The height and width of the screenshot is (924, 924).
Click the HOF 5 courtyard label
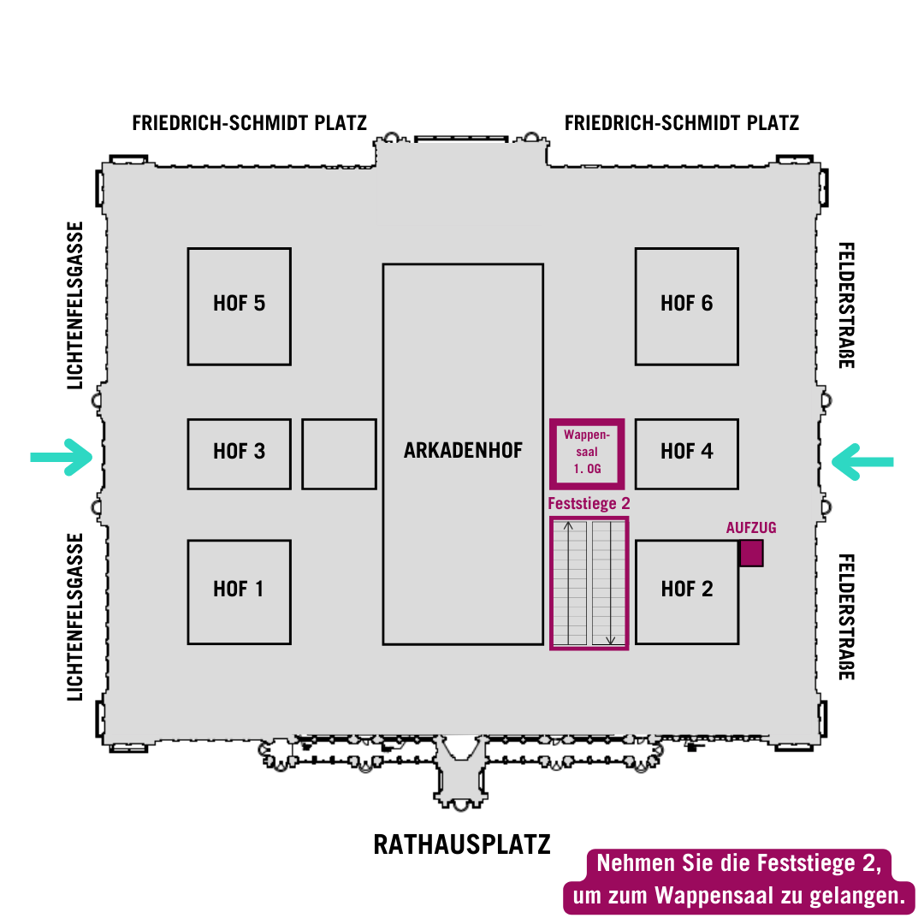coord(239,304)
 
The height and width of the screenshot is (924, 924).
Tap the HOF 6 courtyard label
coord(686,304)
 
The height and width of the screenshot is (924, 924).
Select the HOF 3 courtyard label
coord(239,452)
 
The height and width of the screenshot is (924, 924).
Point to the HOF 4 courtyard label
coord(686,452)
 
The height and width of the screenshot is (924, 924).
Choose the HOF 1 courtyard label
coord(238,589)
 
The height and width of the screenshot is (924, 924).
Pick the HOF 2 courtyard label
coord(686,589)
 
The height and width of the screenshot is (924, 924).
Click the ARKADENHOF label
coord(463,450)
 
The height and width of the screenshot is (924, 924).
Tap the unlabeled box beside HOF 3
coord(339,453)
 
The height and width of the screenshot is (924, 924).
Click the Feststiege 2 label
coord(589,504)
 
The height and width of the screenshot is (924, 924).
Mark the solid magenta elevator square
coord(751,554)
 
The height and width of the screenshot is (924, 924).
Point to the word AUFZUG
coord(751,528)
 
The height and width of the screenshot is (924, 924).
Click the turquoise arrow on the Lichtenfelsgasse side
coord(62,457)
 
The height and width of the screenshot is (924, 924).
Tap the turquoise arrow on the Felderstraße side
coord(862,462)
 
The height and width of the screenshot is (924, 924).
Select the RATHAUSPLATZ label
coord(462,845)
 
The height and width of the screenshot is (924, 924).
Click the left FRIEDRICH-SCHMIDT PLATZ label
coord(249,123)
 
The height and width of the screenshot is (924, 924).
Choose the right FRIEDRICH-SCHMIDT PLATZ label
coord(682,123)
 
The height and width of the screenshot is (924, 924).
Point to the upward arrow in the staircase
coord(568,583)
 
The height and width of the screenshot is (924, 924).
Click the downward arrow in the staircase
coord(611,583)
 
